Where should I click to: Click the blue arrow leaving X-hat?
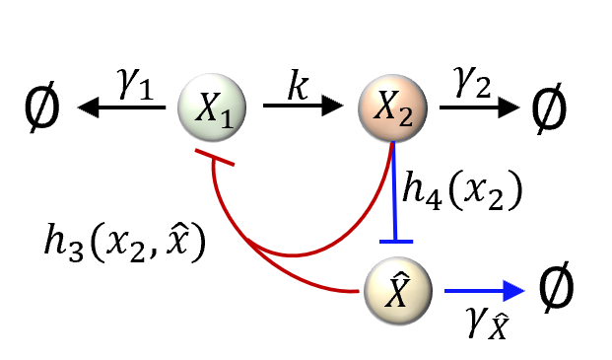coord(483,290)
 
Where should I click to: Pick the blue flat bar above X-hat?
coord(394,241)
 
